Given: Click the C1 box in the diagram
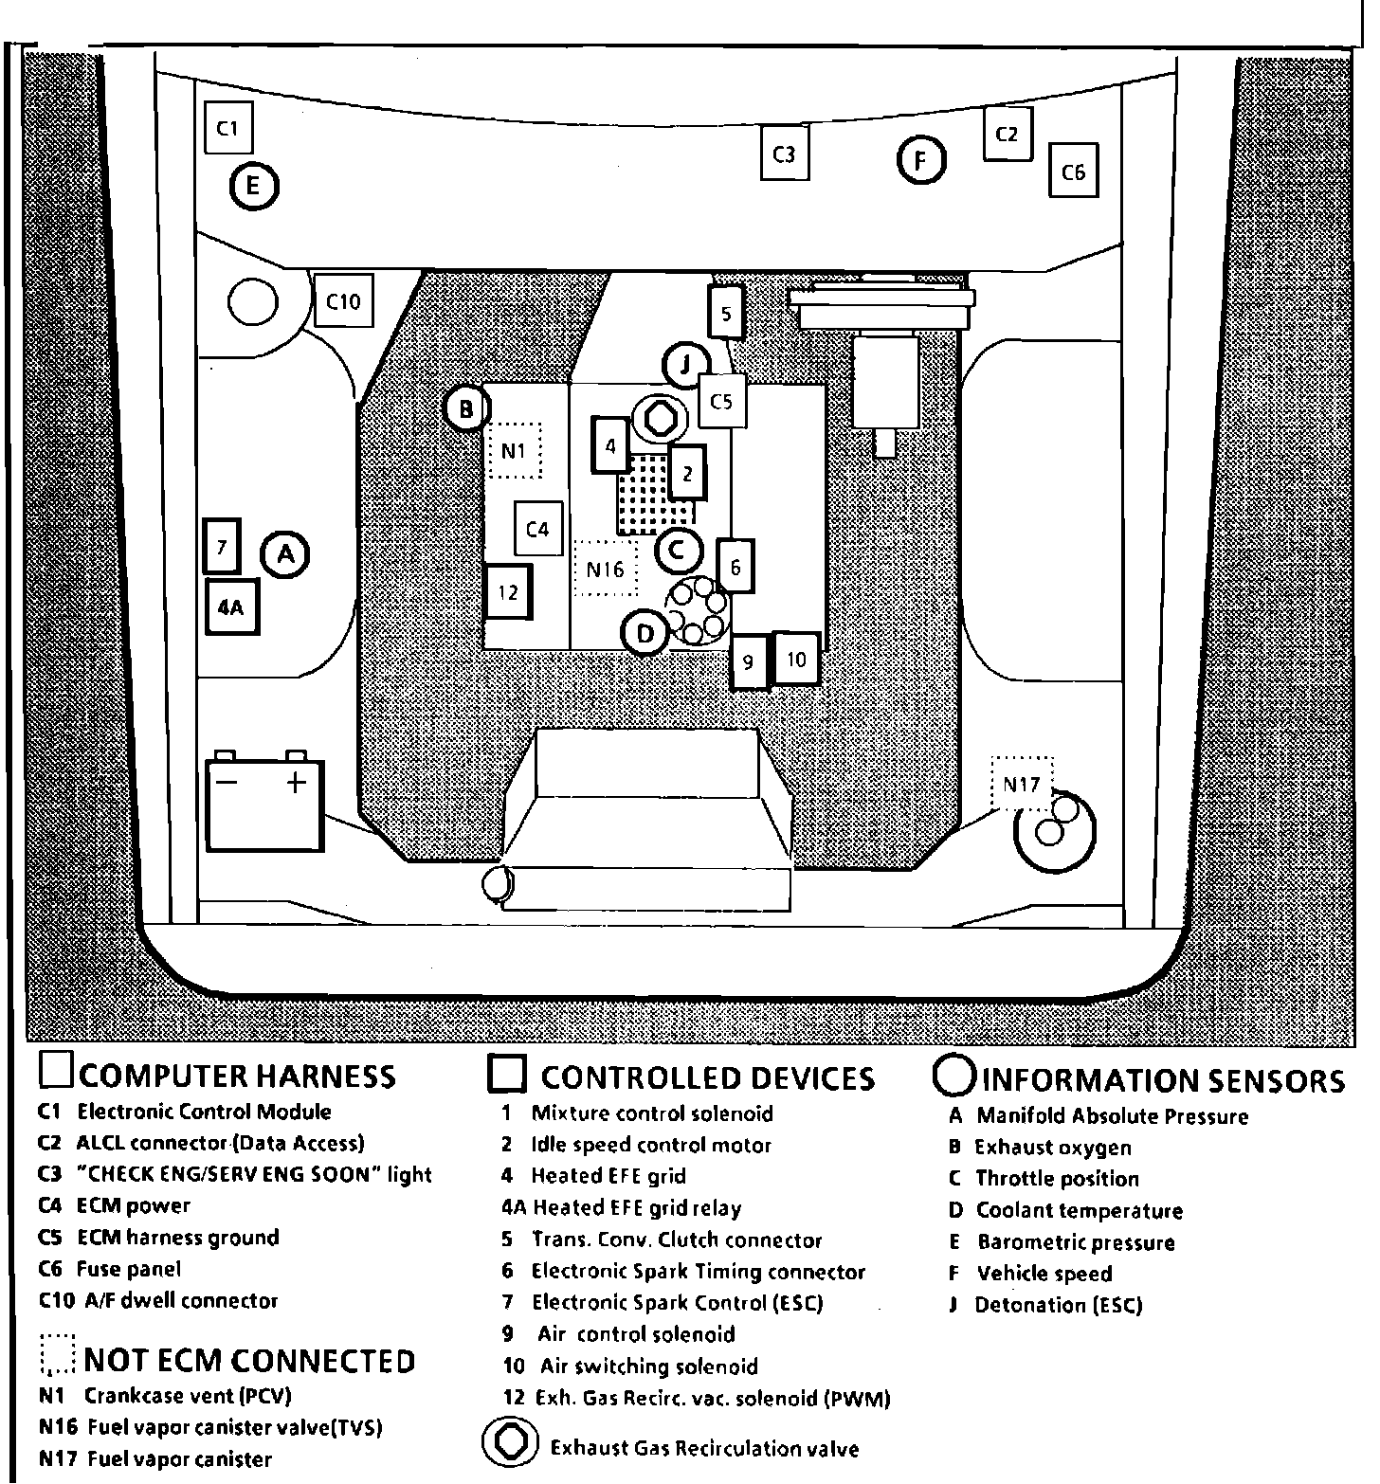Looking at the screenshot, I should click(x=228, y=127).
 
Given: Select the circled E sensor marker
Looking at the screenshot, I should click(x=253, y=186).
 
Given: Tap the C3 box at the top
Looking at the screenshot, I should click(x=784, y=154).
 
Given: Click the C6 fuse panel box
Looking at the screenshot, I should click(x=1073, y=172).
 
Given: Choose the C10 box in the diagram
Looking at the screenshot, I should click(x=343, y=301).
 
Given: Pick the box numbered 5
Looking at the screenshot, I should click(x=726, y=313).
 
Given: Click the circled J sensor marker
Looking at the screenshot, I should click(x=687, y=364).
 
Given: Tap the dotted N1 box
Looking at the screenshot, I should click(x=514, y=450).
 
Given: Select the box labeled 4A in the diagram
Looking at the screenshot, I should click(x=231, y=607).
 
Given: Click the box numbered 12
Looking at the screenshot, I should click(x=508, y=592).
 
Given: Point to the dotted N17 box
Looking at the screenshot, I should click(x=1022, y=784).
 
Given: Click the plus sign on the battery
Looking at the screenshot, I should click(x=297, y=782).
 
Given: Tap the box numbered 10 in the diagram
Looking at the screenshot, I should click(x=796, y=659).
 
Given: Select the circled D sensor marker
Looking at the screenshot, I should click(x=646, y=633).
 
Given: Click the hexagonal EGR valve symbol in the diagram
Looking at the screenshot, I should click(x=660, y=417).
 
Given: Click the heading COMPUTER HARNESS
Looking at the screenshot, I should click(x=237, y=1076).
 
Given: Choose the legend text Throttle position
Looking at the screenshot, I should click(x=1057, y=1179).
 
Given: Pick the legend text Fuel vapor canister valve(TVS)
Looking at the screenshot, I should click(x=234, y=1426).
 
